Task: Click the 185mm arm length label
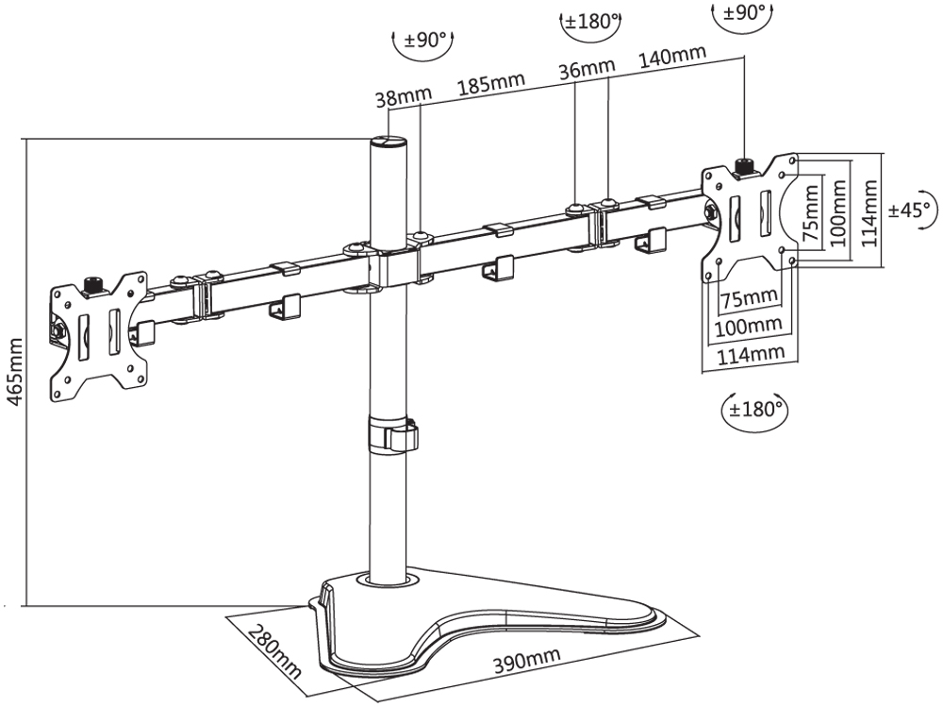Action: tap(490, 84)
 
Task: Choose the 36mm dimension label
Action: tap(586, 70)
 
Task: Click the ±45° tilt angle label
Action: tap(911, 209)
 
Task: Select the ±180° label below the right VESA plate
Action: tap(754, 410)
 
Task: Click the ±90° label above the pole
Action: tap(423, 41)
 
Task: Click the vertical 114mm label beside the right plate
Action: tap(869, 213)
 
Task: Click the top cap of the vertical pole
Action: tap(387, 143)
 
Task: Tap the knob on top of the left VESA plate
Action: tap(93, 284)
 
